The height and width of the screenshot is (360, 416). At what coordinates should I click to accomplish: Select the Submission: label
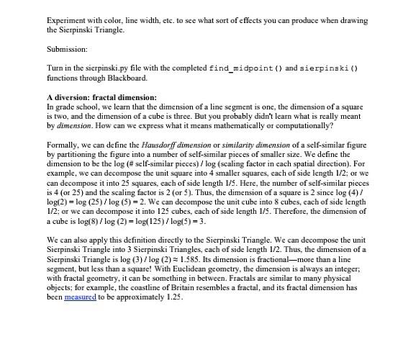(x=67, y=49)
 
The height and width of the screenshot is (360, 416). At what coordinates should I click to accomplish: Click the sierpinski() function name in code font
(x=329, y=68)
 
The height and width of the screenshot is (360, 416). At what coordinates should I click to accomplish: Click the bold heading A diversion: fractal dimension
(x=101, y=97)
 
